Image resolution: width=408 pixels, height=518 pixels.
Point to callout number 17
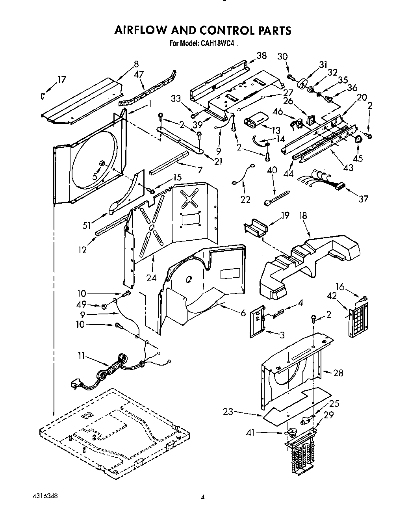pos(61,80)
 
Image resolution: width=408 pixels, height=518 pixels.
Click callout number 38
pos(261,56)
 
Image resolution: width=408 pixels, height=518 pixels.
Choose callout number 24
pos(151,278)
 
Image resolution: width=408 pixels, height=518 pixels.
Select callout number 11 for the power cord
pos(81,356)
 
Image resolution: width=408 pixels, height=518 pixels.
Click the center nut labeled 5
pos(102,163)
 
